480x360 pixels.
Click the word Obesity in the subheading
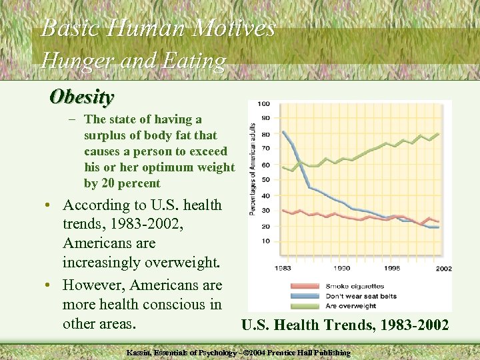[x=82, y=97]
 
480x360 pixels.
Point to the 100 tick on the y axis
[x=264, y=103]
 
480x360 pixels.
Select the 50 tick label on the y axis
[x=265, y=180]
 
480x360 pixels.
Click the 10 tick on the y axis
[x=265, y=241]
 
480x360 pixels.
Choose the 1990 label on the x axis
[x=342, y=268]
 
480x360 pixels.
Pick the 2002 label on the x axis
[x=443, y=268]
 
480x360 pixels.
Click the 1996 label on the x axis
[x=392, y=268]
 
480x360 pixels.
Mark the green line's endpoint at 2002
[x=438, y=133]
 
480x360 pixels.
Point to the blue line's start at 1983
[x=283, y=131]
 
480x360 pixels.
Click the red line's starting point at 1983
[x=283, y=210]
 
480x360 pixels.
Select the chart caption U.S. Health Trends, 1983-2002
[x=345, y=325]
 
